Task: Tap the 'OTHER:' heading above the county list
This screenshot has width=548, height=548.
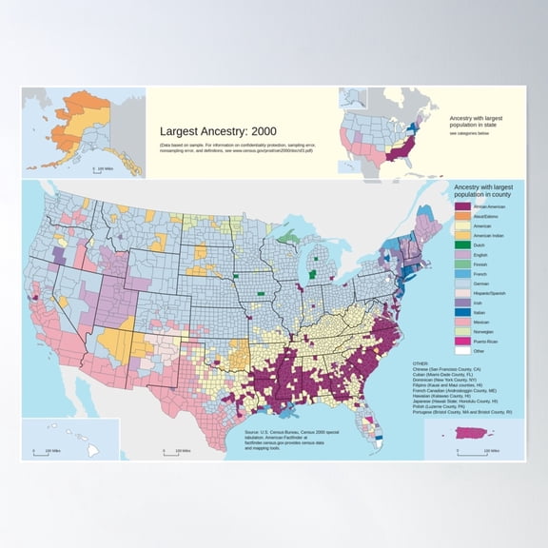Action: [x=421, y=362]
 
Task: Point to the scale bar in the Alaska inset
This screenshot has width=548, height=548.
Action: [x=100, y=169]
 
